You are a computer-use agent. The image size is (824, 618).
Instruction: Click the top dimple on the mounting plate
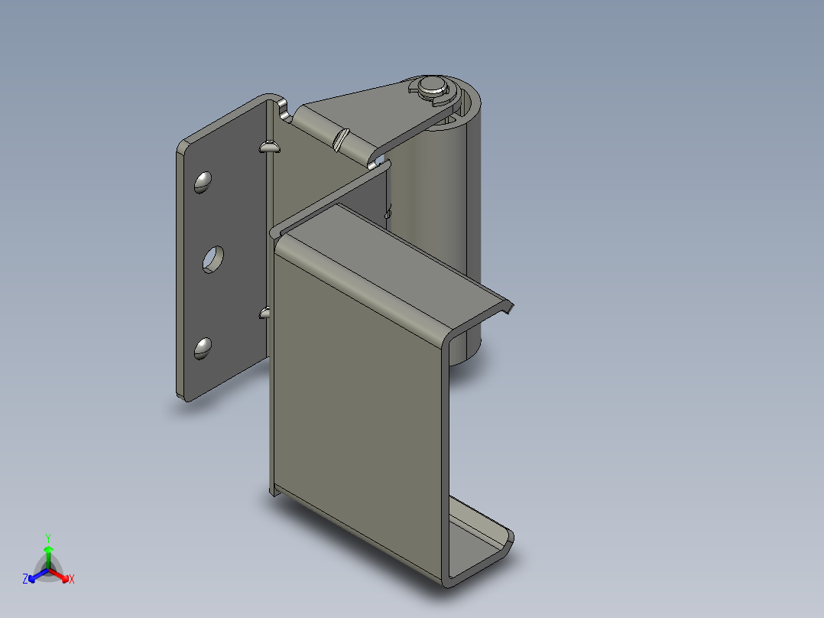[203, 182]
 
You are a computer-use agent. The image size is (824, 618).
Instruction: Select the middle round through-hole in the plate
[213, 259]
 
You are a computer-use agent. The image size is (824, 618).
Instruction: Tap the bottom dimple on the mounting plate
[203, 348]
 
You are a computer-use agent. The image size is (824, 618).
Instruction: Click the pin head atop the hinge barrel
[432, 85]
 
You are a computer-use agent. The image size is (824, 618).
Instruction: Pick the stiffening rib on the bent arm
[341, 139]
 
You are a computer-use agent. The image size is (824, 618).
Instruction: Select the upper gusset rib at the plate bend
[270, 147]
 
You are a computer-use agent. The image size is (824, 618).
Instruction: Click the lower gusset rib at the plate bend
[264, 312]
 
